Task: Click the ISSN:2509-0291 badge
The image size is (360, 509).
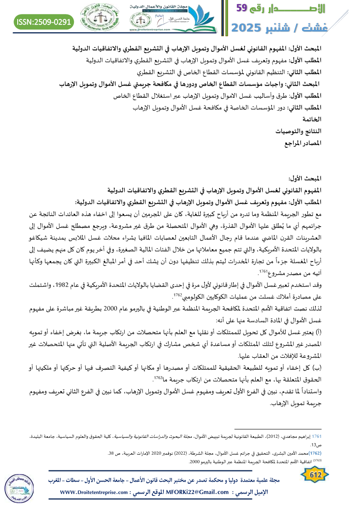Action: pyautogui.click(x=44, y=22)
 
